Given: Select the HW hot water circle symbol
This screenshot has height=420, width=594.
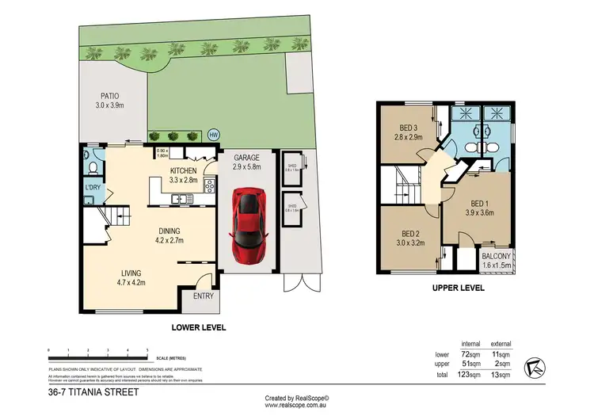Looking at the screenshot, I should tap(212, 135).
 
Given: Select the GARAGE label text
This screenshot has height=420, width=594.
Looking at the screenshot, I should tap(247, 158).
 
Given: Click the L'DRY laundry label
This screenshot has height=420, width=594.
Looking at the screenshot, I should tap(93, 187).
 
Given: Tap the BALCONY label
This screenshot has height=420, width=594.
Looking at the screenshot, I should tap(497, 257).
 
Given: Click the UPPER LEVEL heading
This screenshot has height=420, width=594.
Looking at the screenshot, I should tap(459, 288).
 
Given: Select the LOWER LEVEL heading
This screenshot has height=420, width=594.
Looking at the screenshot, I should tap(199, 326).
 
